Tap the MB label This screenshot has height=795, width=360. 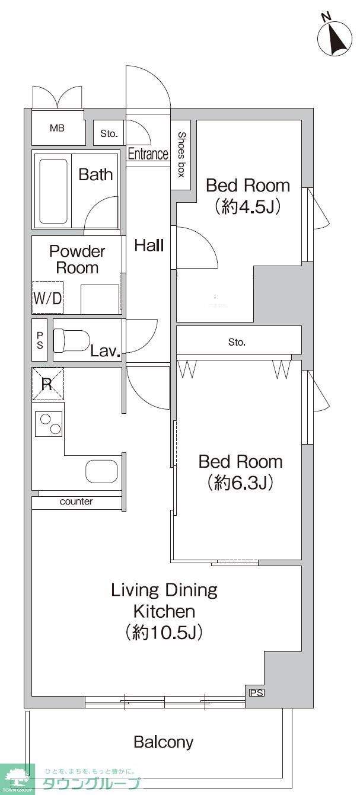click(57, 128)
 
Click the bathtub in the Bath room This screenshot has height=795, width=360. click(53, 191)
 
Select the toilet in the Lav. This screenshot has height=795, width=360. click(71, 340)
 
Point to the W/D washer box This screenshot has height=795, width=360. click(47, 298)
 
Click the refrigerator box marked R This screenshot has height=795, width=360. click(48, 384)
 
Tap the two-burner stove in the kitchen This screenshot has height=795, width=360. click(48, 424)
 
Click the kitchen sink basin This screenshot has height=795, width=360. click(101, 471)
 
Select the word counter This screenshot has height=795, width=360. click(76, 501)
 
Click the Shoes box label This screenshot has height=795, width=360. click(181, 154)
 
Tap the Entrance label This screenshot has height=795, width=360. click(148, 154)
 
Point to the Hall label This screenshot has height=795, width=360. click(149, 245)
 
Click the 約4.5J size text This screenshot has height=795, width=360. click(248, 206)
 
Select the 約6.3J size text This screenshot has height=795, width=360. click(240, 482)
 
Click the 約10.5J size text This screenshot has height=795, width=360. click(164, 632)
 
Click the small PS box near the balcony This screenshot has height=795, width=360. click(257, 692)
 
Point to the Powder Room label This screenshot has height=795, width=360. click(77, 260)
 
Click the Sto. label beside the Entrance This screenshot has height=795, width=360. click(109, 133)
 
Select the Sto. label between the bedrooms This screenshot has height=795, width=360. click(237, 342)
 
